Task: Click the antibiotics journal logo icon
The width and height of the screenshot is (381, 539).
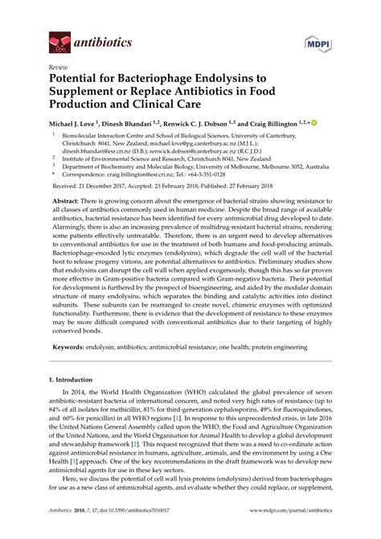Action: point(58,39)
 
